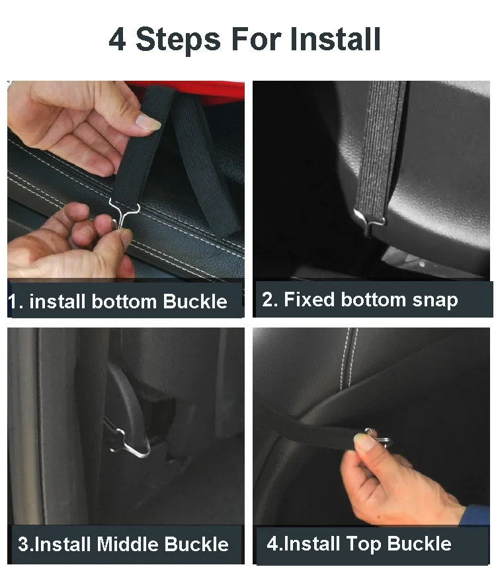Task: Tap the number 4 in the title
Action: coord(118,39)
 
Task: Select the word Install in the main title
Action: coord(335,38)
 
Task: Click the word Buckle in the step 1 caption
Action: coord(195,302)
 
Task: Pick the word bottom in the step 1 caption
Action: coord(124,302)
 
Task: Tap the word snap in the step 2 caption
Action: coord(435,301)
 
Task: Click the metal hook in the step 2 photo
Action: coord(370,220)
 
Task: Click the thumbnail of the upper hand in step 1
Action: coord(149,122)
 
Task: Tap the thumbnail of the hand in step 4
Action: coord(364,443)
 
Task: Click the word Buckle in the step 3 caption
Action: coord(196,544)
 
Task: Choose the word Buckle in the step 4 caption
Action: coord(419,543)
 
